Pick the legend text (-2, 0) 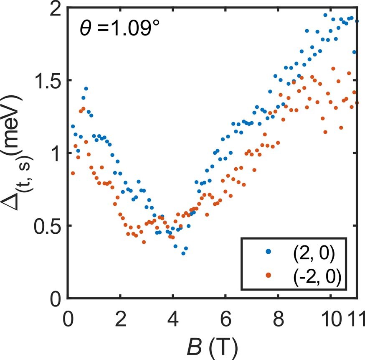[x=316, y=276]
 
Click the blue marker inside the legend [x=269, y=252]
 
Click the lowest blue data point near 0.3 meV [x=183, y=253]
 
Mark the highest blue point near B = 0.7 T [x=86, y=89]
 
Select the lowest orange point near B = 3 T [x=144, y=242]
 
